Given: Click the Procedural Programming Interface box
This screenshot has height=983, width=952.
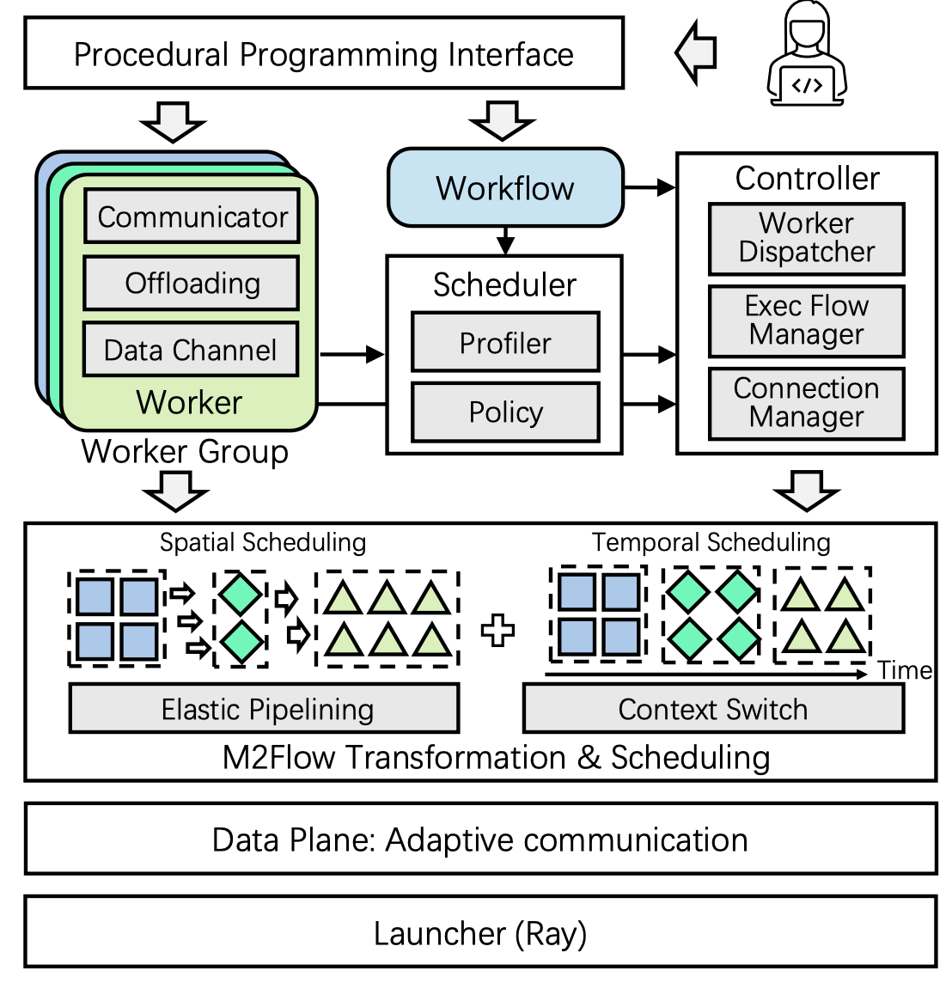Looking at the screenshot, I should point(324,54).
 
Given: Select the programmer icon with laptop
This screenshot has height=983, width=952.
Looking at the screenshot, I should point(806,53).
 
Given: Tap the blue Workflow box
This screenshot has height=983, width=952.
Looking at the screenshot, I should point(505,187).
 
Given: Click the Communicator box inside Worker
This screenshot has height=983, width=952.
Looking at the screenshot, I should point(192,217).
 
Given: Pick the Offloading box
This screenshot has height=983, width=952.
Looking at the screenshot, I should point(192,283).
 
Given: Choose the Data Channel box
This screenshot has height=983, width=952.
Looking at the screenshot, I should point(191,350).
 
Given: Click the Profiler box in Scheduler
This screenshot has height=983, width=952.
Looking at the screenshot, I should point(505,343).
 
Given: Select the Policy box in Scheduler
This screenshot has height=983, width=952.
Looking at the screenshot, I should point(505,412).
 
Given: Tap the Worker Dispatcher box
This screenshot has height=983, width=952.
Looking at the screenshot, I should point(806,238).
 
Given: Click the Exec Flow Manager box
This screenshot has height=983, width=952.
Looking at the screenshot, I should point(806,321).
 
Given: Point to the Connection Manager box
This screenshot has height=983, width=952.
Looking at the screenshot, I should point(806,403).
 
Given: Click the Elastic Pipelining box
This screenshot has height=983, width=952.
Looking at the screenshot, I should point(264,709).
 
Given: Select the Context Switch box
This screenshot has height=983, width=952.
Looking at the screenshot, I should point(713,709).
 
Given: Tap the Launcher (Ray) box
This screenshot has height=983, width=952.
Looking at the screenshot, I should point(480,932).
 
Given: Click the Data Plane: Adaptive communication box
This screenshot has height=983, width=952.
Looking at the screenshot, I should point(480,840).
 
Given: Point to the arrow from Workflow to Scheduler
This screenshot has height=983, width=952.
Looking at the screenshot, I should point(505,241).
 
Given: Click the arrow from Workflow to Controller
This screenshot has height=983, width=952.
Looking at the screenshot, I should point(650,187).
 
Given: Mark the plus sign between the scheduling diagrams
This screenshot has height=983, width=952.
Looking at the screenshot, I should point(497,631).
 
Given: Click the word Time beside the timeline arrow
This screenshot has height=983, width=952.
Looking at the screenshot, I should point(905,670).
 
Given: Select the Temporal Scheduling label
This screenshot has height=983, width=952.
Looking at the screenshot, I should point(711,542).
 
